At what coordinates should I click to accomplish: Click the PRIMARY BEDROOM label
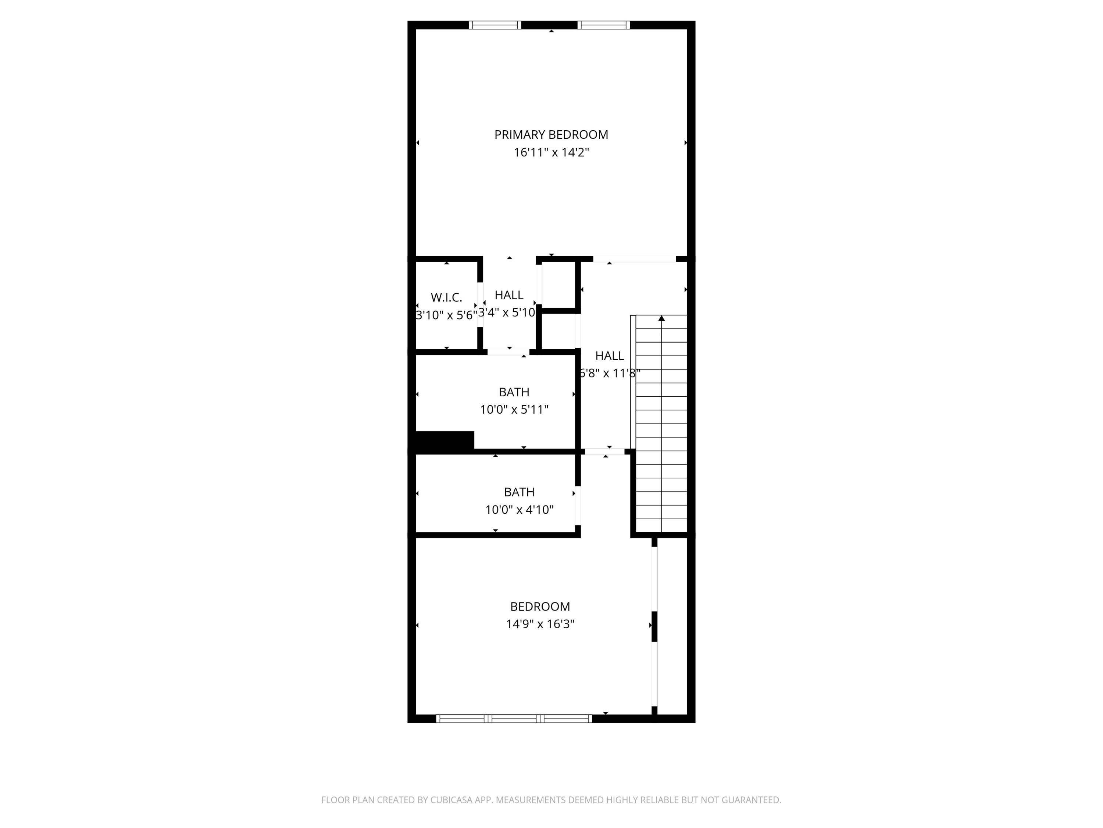click(551, 135)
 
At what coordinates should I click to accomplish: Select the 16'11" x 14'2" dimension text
click(551, 153)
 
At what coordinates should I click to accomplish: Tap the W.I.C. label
click(446, 297)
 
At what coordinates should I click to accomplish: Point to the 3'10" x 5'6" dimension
click(446, 315)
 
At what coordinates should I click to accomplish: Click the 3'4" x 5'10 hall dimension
click(507, 312)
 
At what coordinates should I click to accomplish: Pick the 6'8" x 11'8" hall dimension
click(609, 373)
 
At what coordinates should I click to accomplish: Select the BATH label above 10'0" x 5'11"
click(514, 392)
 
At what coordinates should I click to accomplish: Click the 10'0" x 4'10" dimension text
click(519, 510)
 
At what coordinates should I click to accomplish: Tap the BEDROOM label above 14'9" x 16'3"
click(540, 606)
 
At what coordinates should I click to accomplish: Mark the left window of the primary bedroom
click(495, 25)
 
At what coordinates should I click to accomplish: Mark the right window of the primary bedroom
click(603, 25)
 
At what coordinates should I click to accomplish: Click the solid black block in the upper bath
click(444, 442)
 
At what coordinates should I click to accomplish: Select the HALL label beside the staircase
click(609, 356)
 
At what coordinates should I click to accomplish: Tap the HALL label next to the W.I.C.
click(508, 295)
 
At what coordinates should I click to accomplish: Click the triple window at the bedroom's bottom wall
click(514, 719)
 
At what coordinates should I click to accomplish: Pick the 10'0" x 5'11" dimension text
click(514, 410)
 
